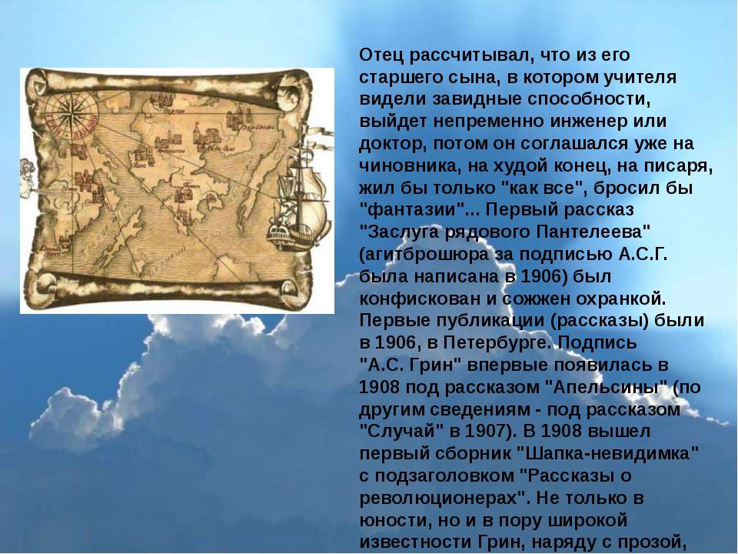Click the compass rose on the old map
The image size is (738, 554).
pyautogui.click(x=71, y=115)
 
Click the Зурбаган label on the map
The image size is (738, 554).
pyautogui.click(x=258, y=127)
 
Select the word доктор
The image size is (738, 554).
pyautogui.click(x=393, y=144)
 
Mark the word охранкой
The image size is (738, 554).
pyautogui.click(x=621, y=299)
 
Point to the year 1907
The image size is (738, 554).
pyautogui.click(x=486, y=431)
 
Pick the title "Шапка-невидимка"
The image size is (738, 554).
pyautogui.click(x=607, y=454)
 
